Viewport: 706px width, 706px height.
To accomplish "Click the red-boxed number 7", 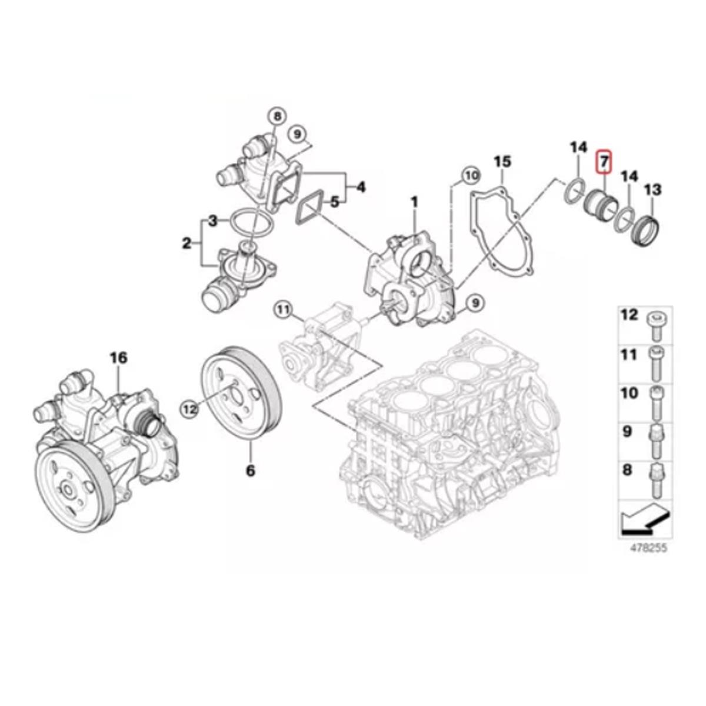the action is (x=603, y=161).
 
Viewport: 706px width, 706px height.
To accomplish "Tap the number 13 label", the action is (x=652, y=189).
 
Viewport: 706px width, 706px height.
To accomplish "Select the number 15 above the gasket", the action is (x=502, y=162).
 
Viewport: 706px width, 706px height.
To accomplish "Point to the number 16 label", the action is (x=119, y=358).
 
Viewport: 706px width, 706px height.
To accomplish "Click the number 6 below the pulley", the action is (x=250, y=471).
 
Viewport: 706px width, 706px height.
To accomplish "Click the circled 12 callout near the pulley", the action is (x=190, y=409).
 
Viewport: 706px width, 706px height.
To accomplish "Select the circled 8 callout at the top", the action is (x=278, y=117).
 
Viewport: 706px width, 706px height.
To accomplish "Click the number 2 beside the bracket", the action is (x=187, y=243).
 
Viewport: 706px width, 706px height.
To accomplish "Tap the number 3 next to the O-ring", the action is (x=213, y=221).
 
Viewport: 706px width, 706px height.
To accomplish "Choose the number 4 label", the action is (x=361, y=188).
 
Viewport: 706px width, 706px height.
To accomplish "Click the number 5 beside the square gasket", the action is (x=335, y=202).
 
